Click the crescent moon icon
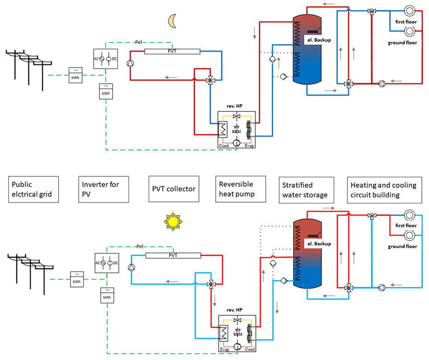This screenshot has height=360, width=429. (173, 21)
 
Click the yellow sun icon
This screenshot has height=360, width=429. (172, 221)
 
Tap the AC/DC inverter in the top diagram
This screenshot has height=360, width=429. (106, 59)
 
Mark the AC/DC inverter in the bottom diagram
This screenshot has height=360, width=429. (106, 263)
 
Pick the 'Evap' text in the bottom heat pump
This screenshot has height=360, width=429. (224, 350)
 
